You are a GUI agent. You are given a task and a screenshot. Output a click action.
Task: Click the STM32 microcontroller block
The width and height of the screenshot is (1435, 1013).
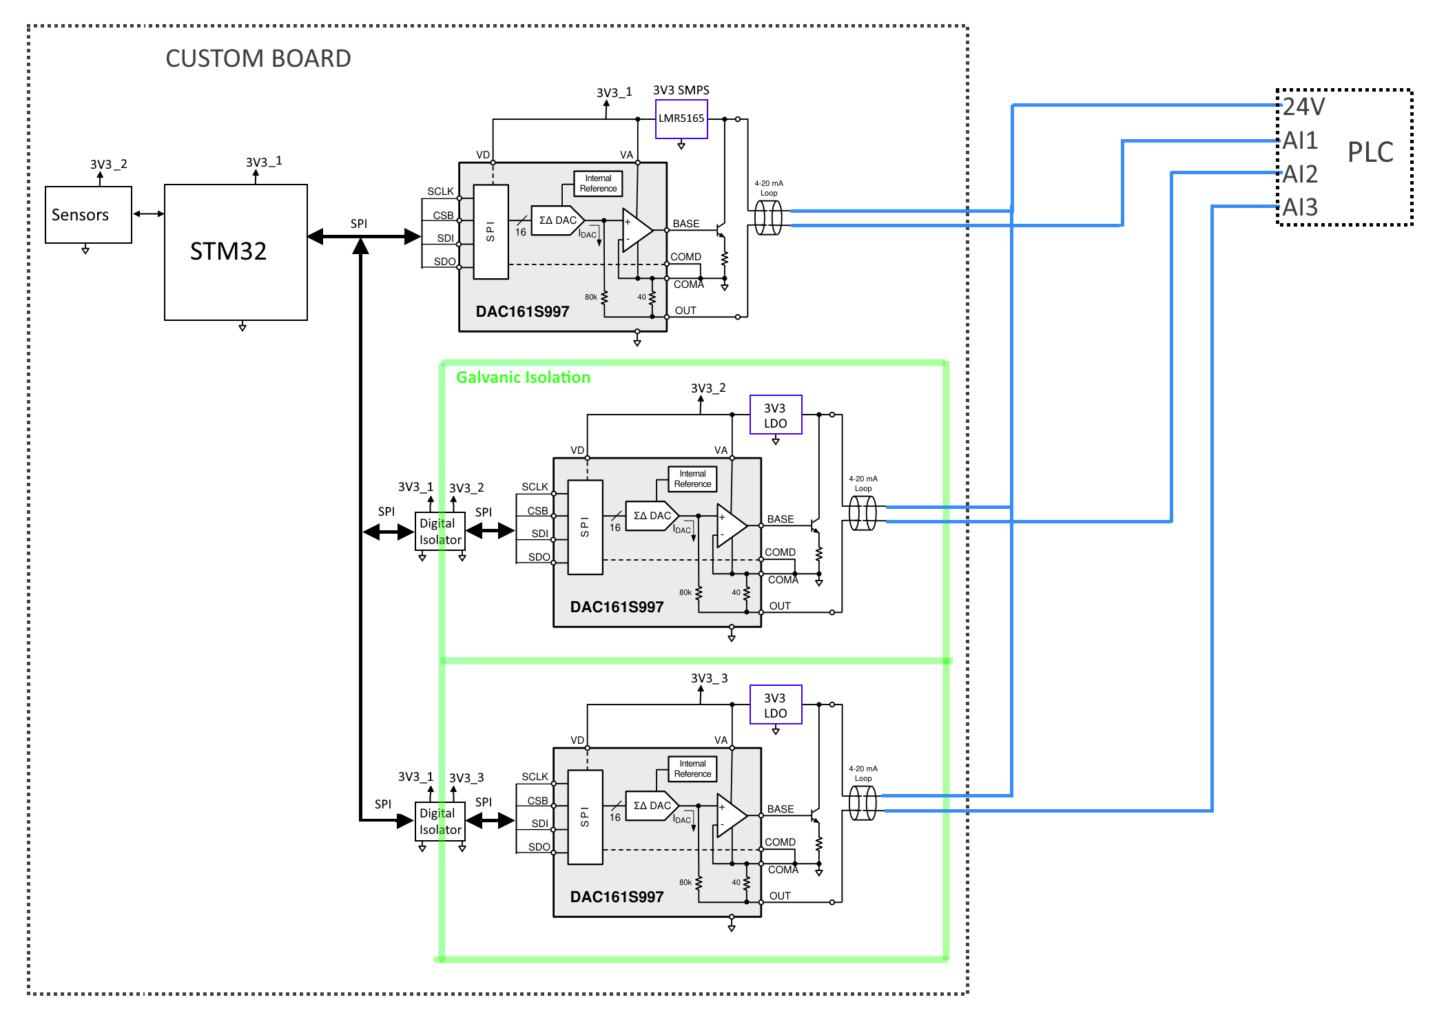pyautogui.click(x=236, y=252)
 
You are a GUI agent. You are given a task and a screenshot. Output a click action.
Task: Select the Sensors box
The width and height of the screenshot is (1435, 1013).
pyautogui.click(x=88, y=215)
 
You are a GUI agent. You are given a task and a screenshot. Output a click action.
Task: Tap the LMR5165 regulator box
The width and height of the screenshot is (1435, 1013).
pyautogui.click(x=681, y=119)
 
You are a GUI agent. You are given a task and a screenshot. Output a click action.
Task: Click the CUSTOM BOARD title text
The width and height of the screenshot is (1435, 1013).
pyautogui.click(x=258, y=59)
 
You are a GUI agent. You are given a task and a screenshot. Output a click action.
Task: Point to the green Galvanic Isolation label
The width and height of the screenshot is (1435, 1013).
pyautogui.click(x=523, y=377)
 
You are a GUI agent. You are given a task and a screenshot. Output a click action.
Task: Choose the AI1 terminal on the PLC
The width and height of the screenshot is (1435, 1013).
pyautogui.click(x=1300, y=140)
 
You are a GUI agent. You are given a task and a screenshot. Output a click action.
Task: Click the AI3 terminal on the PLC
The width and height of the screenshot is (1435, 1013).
pyautogui.click(x=1300, y=207)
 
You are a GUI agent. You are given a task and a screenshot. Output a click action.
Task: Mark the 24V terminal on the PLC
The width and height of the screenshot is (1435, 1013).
pyautogui.click(x=1303, y=107)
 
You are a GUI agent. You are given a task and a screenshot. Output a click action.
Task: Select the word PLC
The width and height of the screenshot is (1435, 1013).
pyautogui.click(x=1370, y=152)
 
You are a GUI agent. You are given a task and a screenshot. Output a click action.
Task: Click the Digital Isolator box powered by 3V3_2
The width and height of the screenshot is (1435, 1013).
pyautogui.click(x=440, y=532)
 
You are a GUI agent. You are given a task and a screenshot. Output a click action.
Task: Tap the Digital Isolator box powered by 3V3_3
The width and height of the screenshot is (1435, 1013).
pyautogui.click(x=440, y=822)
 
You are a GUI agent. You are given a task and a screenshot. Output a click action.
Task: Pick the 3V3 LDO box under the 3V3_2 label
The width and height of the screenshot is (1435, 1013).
pyautogui.click(x=776, y=415)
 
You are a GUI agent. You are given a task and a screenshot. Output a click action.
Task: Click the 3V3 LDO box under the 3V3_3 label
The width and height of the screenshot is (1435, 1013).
pyautogui.click(x=776, y=704)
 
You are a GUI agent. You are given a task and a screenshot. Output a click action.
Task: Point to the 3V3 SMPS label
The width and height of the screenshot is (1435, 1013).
pyautogui.click(x=681, y=90)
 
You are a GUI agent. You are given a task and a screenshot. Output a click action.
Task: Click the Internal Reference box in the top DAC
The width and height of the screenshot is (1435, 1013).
pyautogui.click(x=598, y=184)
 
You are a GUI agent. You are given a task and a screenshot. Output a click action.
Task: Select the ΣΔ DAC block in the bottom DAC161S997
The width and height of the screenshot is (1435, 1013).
pyautogui.click(x=652, y=806)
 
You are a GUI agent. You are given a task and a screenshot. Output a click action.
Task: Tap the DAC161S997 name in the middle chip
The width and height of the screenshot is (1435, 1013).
pyautogui.click(x=617, y=607)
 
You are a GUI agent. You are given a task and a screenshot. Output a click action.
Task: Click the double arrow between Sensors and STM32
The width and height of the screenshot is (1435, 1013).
pyautogui.click(x=148, y=214)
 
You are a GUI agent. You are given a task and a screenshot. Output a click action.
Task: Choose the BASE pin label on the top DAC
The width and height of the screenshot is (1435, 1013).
pyautogui.click(x=685, y=224)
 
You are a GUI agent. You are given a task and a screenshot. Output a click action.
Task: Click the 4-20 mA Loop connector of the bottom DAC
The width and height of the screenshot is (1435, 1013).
pyautogui.click(x=863, y=803)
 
